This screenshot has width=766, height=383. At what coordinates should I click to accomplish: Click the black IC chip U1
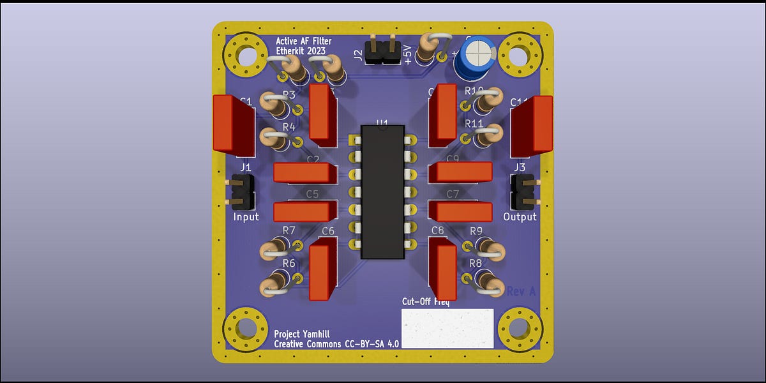coord(383,191)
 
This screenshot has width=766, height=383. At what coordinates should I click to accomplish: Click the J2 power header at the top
coord(382,52)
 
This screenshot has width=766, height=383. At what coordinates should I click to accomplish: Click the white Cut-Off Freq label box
coord(447,328)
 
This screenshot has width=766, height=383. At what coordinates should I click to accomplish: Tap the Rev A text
coord(521,291)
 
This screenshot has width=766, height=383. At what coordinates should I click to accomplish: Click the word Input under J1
coord(246,217)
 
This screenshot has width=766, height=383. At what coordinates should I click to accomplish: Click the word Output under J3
coord(520,217)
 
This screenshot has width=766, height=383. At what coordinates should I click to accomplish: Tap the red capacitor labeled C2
coord(305,173)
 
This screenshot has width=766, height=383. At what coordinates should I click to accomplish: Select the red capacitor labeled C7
coord(461,211)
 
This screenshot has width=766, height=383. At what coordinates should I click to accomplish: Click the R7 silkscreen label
coord(289,230)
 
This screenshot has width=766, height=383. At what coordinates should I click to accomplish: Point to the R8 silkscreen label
coord(476,263)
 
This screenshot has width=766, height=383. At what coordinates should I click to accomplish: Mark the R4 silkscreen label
coord(289,126)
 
